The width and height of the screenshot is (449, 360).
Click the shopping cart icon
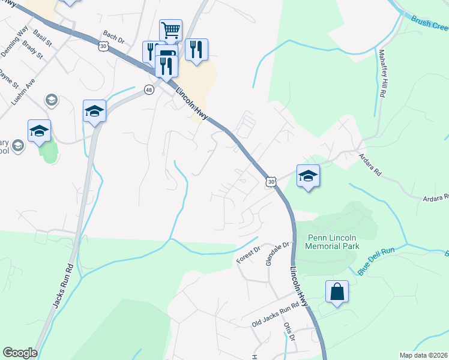pyautogui.click(x=171, y=30)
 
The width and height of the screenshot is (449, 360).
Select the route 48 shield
pyautogui.click(x=149, y=89)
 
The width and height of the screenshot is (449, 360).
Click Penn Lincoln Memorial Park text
pyautogui.click(x=332, y=242)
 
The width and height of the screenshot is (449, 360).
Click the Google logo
pyautogui.click(x=20, y=353)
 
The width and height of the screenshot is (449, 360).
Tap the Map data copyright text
pyautogui.click(x=423, y=355)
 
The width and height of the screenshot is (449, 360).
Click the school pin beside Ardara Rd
pyautogui.click(x=308, y=176)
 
